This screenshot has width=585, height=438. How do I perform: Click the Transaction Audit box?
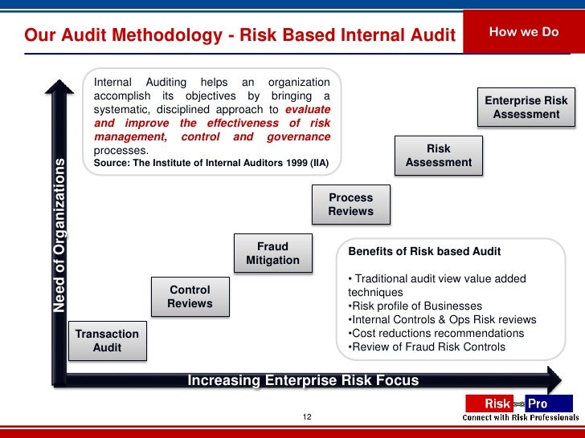(107, 341)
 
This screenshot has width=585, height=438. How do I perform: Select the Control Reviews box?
(190, 297)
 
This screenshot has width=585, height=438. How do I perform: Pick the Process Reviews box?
(351, 205)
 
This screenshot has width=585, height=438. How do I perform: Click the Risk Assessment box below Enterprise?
(439, 156)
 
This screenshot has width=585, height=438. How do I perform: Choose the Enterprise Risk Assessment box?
(526, 107)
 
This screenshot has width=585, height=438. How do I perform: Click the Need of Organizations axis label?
(59, 234)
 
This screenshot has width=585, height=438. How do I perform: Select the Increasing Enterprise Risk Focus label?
(303, 380)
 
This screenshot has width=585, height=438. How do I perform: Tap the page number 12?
(306, 417)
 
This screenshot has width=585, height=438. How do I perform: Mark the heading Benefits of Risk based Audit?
(424, 251)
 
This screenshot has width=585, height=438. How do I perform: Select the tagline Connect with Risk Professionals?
(520, 418)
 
